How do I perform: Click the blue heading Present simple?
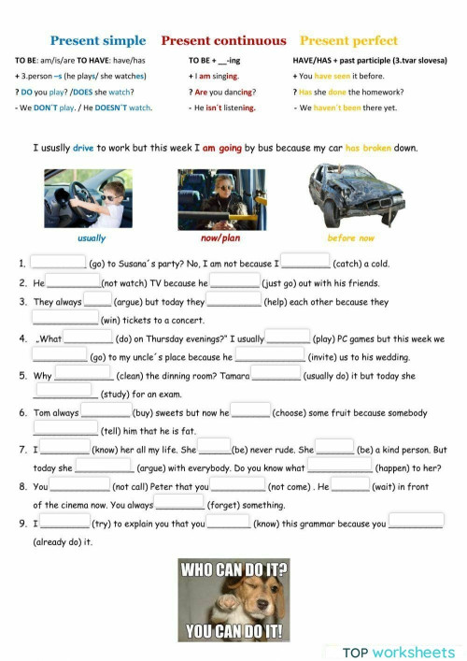click(98, 41)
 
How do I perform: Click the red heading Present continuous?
click(223, 41)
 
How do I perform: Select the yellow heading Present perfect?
click(348, 41)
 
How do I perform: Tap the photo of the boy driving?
click(88, 199)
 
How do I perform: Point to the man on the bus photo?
click(220, 199)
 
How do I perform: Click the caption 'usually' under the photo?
click(92, 238)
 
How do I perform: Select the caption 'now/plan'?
click(220, 238)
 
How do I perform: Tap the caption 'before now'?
click(350, 238)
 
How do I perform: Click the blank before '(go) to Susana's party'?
click(58, 263)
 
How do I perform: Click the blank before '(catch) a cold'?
click(305, 263)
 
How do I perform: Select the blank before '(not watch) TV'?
click(73, 281)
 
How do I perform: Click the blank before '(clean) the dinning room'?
click(83, 375)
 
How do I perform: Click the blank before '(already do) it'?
click(416, 522)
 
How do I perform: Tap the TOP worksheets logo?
click(399, 652)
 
